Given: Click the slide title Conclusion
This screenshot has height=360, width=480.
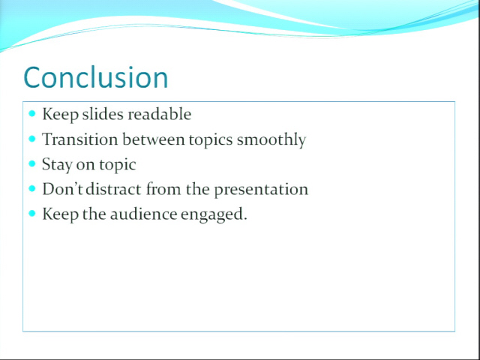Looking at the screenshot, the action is click(x=96, y=77).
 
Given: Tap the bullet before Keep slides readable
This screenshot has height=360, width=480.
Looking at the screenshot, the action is click(x=32, y=114).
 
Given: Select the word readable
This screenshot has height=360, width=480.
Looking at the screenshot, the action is click(x=160, y=114).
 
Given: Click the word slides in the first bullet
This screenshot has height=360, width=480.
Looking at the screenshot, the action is click(x=103, y=114).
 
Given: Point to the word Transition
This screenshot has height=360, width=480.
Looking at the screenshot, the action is click(x=80, y=139).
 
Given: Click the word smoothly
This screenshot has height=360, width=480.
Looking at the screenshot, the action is click(x=271, y=140).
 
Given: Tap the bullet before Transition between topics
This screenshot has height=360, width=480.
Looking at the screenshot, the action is click(x=32, y=139).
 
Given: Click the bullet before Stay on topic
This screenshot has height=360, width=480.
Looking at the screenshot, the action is click(x=32, y=163).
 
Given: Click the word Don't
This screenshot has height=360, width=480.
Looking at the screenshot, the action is click(x=63, y=189).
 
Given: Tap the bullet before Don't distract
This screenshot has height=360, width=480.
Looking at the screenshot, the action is click(x=32, y=188).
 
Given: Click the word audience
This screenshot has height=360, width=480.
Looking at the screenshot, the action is click(x=143, y=214).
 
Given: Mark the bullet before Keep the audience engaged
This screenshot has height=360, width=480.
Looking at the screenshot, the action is click(x=32, y=213).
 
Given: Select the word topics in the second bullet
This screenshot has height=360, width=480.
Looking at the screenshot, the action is click(x=211, y=140).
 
